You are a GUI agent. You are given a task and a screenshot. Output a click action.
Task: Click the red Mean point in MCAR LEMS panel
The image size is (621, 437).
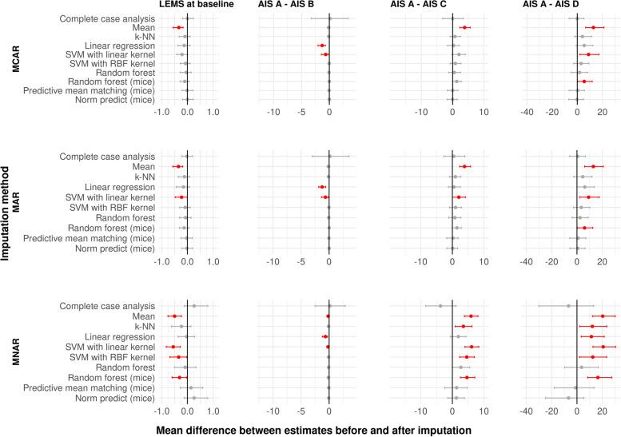tap(178, 27)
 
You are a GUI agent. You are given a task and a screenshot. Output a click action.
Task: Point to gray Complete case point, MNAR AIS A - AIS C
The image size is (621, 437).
tap(440, 305)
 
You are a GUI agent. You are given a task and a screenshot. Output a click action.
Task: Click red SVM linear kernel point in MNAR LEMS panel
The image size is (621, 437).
tap(173, 347)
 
